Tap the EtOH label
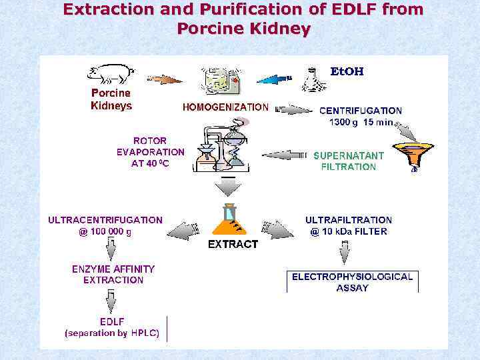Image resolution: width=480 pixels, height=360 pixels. tap(347, 71)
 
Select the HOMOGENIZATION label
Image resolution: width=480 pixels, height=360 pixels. tap(226, 107)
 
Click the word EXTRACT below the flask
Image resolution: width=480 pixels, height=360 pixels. tap(233, 245)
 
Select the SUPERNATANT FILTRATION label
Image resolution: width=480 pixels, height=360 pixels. tap(349, 161)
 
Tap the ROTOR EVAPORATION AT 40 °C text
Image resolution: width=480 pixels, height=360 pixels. tap(150, 152)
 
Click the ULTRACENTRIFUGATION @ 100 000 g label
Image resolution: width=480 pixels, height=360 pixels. tap(105, 225)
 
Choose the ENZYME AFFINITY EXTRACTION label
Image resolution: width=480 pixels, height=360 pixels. tap(113, 274)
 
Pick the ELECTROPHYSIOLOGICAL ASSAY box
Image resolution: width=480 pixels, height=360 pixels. tap(353, 281)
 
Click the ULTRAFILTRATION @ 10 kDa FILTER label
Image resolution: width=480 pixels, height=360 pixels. tap(349, 225)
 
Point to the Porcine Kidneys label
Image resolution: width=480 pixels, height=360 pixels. tap(111, 99)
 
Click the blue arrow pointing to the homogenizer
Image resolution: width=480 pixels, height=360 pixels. tap(275, 79)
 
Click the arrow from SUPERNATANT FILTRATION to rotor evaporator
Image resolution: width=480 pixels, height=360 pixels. tap(283, 155)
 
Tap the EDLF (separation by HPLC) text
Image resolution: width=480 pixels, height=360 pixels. tap(112, 327)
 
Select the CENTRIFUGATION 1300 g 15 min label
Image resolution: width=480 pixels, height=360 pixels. tap(361, 116)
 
